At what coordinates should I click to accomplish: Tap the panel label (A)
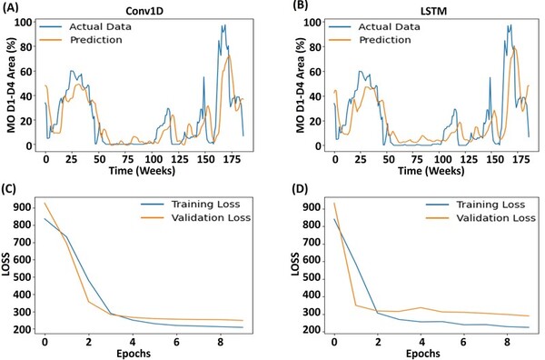tap(13, 8)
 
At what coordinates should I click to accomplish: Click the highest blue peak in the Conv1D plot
tap(223, 25)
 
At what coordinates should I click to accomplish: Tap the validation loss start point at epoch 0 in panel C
tap(44, 202)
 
